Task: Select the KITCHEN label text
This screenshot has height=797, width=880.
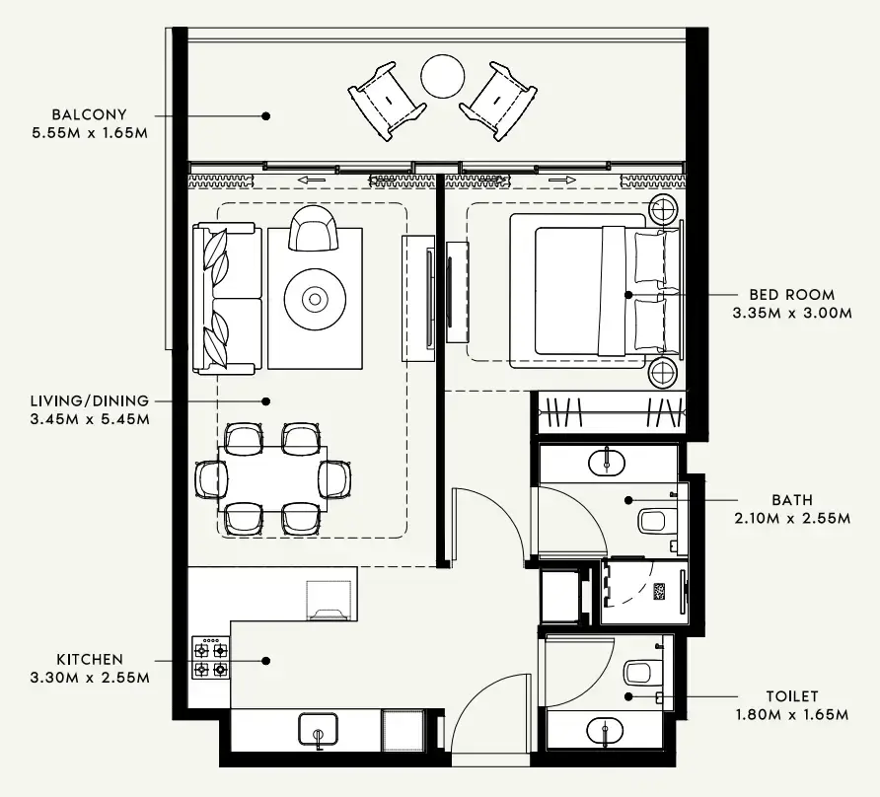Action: pos(90,659)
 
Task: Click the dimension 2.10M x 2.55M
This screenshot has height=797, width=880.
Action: pos(792,518)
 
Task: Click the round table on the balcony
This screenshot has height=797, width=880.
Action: pos(442,75)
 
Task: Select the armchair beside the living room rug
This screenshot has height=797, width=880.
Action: pos(313,229)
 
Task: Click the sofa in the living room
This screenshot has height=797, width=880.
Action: pos(228,298)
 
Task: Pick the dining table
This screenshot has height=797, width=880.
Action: pos(272,478)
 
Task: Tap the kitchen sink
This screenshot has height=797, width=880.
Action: pos(319,730)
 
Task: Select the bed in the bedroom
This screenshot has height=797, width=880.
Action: pos(595,291)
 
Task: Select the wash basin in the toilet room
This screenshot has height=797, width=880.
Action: pos(603,731)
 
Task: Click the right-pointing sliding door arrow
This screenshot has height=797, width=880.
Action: pos(562,180)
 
